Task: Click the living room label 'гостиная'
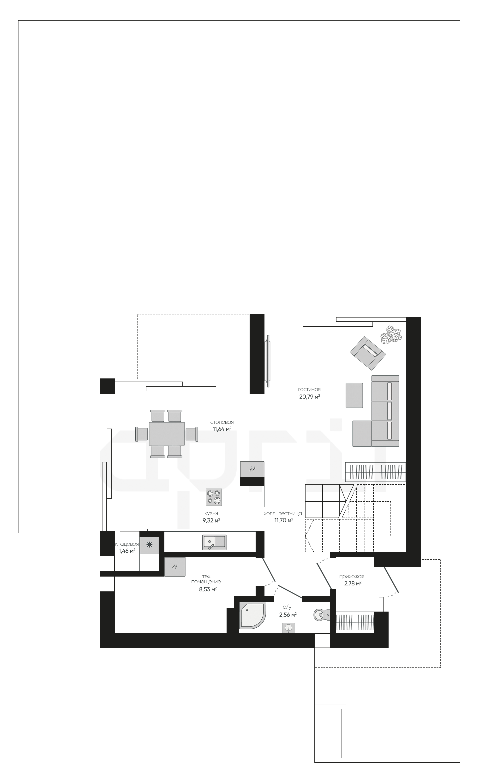pos(309,389)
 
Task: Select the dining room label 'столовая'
pos(222,422)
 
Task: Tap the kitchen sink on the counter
pos(214,542)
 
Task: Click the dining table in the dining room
pos(167,433)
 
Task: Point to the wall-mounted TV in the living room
pos(268,361)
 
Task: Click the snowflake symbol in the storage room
pos(149,545)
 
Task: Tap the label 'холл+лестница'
pos(283,513)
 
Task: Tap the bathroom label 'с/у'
pos(287,607)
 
